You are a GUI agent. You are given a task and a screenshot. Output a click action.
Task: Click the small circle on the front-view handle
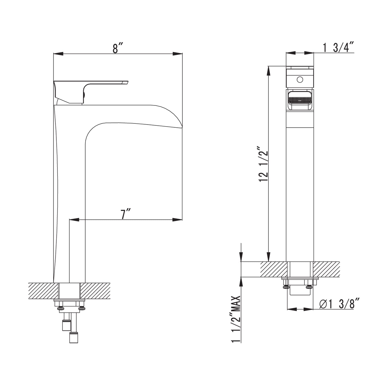coord(300,80)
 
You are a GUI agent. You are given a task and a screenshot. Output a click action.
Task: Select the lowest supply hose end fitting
coord(73,338)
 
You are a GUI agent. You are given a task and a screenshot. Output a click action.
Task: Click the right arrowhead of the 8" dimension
coord(178,54)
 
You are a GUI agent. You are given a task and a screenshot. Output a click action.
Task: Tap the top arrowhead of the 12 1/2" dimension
coord(269,71)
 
